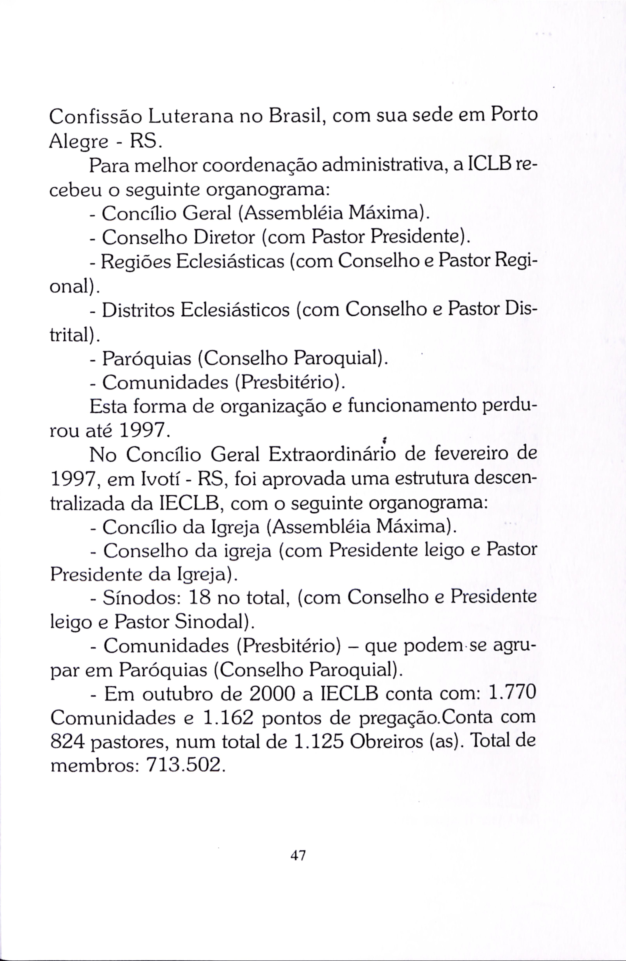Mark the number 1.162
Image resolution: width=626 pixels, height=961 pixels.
tap(228, 718)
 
